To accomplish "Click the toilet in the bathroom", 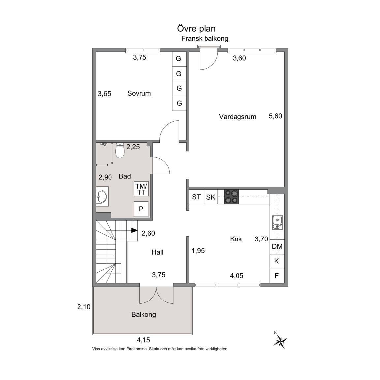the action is pyautogui.click(x=120, y=150).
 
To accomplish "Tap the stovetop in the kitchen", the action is pyautogui.click(x=232, y=197).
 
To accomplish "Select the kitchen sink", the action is pyautogui.click(x=277, y=222).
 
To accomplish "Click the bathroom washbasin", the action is pyautogui.click(x=102, y=196).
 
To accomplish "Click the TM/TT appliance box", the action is pyautogui.click(x=141, y=189).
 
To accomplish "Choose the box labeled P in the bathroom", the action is pyautogui.click(x=141, y=209).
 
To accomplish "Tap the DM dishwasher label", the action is pyautogui.click(x=277, y=246).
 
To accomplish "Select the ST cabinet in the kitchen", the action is pyautogui.click(x=196, y=197).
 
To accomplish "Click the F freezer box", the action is pyautogui.click(x=277, y=276).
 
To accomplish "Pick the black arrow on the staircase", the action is pyautogui.click(x=134, y=230).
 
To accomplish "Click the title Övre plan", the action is pyautogui.click(x=196, y=28).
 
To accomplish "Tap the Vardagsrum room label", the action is pyautogui.click(x=237, y=117).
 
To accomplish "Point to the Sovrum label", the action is pyautogui.click(x=139, y=93).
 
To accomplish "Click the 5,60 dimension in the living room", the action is pyautogui.click(x=275, y=116).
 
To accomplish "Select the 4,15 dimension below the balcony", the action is pyautogui.click(x=143, y=340).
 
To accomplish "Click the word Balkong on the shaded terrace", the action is pyautogui.click(x=144, y=315).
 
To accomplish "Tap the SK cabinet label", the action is pyautogui.click(x=211, y=197).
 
